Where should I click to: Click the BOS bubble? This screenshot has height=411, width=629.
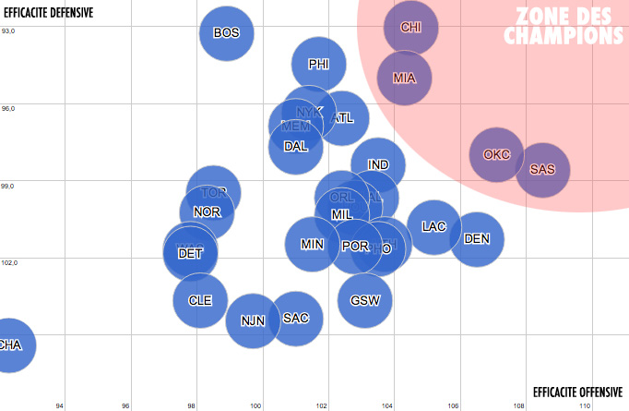[x=226, y=33]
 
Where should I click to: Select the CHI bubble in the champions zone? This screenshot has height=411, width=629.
[x=411, y=27]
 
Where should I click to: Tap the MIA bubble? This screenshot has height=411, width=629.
[x=404, y=78]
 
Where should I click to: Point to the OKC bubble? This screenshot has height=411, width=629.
[x=496, y=154]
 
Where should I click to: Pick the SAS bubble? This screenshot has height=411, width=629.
[x=542, y=170]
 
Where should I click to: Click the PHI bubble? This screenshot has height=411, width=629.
[x=318, y=65]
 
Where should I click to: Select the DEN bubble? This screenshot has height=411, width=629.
[x=477, y=238]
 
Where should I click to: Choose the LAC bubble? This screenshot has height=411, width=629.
[x=433, y=226]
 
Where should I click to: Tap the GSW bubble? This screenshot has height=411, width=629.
[x=365, y=300]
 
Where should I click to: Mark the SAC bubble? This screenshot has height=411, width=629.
[x=296, y=318]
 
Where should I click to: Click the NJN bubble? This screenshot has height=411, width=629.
[x=253, y=320]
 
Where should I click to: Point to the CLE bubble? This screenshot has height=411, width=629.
[x=200, y=300]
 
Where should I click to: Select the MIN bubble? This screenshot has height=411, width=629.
[x=312, y=245]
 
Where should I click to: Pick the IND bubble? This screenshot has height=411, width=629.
[x=378, y=165]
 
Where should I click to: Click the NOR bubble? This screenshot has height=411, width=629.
[x=207, y=212]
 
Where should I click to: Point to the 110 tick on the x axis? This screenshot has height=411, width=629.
[x=584, y=405]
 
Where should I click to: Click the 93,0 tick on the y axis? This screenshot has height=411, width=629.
[x=8, y=31]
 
